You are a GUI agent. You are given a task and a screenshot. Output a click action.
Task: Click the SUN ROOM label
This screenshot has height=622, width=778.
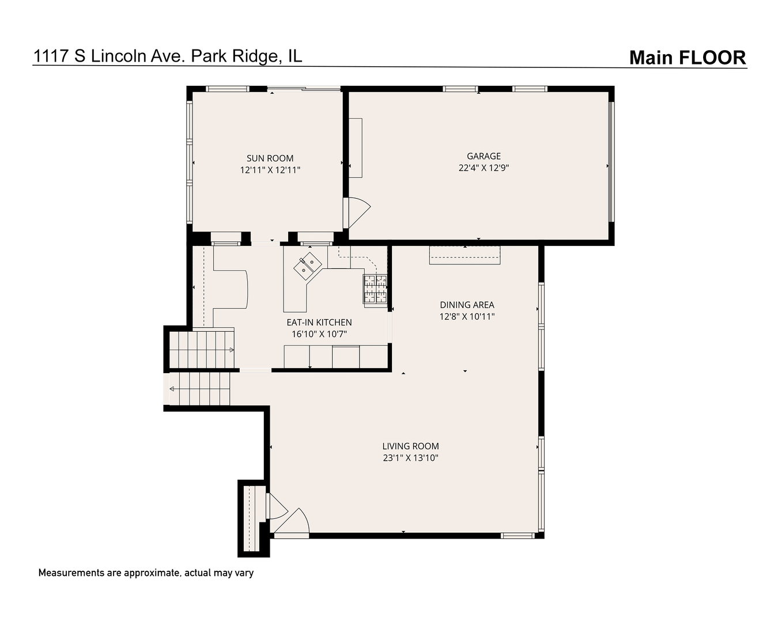[x=270, y=158]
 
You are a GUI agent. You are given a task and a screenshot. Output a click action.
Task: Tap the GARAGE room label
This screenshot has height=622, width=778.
[x=484, y=156]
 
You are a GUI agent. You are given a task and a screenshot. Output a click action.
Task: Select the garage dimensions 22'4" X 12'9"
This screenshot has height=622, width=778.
[x=484, y=168]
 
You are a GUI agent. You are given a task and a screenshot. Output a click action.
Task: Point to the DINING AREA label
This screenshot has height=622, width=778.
[x=467, y=305]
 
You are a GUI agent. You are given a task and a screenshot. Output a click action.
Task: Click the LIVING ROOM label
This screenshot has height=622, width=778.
[x=410, y=446]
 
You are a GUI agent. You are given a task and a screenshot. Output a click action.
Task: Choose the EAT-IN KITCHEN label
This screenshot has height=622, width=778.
[x=319, y=323]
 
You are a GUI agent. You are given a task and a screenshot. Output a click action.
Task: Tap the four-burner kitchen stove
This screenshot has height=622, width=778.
[x=374, y=289]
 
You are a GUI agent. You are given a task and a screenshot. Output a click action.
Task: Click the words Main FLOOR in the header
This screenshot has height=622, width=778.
[x=687, y=58]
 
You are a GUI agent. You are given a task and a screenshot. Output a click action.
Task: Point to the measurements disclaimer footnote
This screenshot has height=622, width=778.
[x=146, y=573]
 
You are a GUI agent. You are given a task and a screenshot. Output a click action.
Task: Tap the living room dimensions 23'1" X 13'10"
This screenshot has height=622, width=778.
[x=410, y=458]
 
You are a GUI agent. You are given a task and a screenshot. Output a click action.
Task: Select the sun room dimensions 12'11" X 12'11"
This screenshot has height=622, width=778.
[x=270, y=170]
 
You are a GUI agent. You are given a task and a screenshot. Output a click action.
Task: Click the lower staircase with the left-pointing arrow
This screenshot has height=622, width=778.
[x=199, y=389]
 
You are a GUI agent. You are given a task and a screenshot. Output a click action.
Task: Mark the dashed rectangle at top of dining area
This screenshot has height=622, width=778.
[x=464, y=255]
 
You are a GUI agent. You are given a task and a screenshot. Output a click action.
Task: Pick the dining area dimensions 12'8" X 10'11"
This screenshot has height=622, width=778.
[x=467, y=317]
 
